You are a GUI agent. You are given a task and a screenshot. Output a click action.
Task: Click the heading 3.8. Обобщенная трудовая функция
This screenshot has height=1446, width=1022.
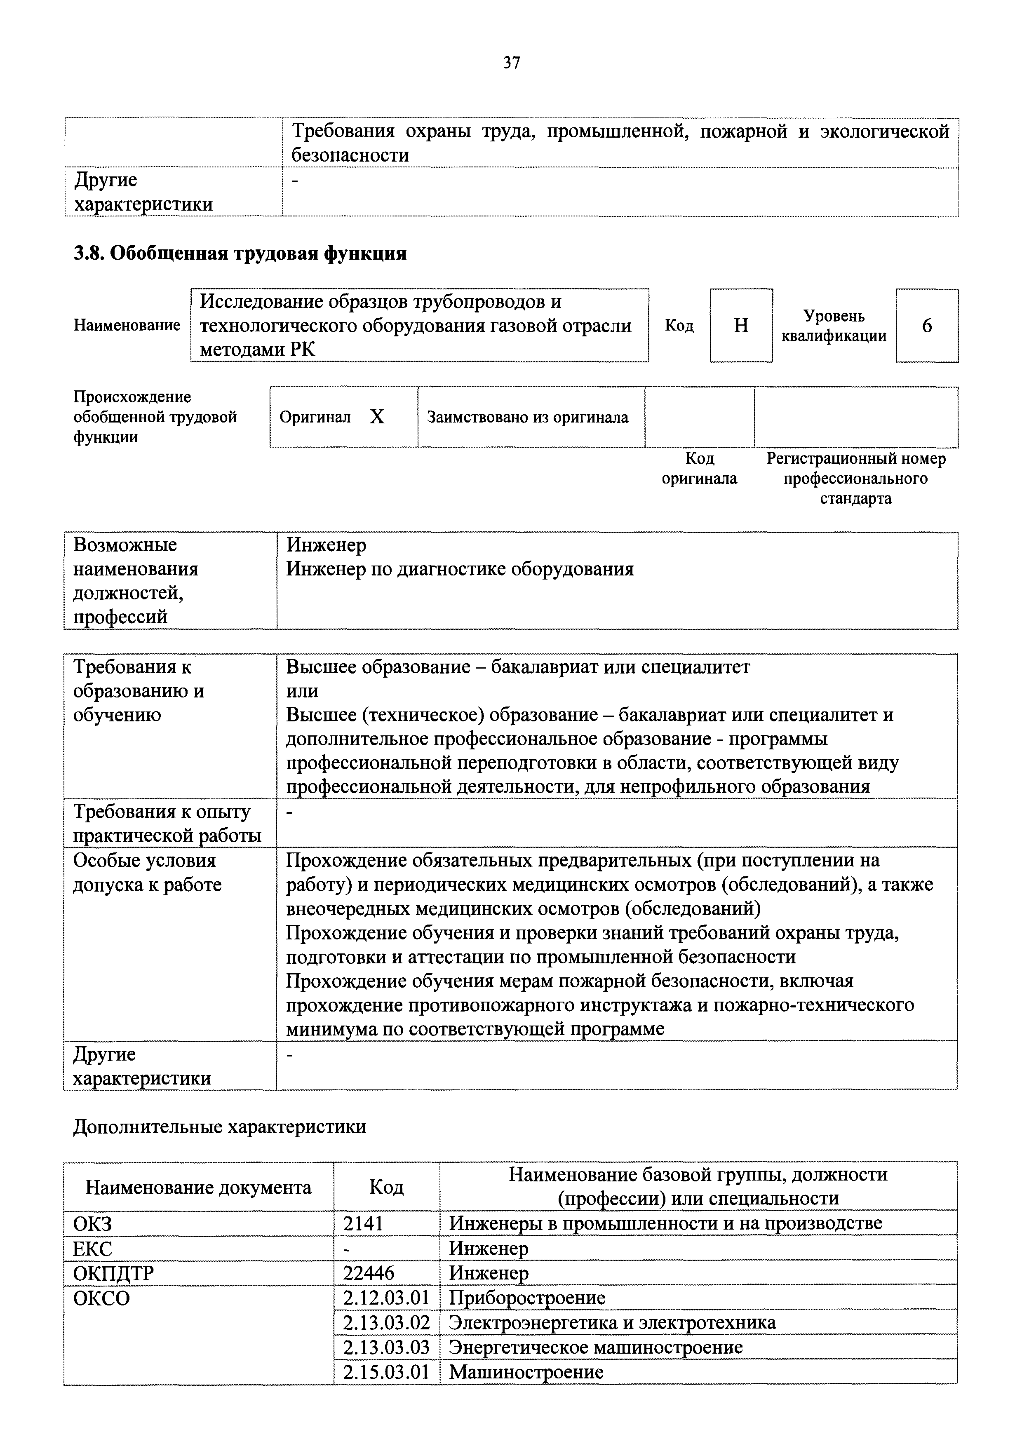(x=240, y=253)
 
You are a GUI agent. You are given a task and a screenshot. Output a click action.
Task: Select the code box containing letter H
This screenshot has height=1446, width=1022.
(x=741, y=326)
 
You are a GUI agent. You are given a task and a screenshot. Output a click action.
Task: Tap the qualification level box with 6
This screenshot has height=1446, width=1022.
(x=926, y=326)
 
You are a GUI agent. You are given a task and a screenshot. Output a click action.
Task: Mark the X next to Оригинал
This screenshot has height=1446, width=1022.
(x=376, y=417)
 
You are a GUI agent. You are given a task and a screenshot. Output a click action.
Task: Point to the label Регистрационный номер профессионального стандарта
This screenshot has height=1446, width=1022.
(x=856, y=478)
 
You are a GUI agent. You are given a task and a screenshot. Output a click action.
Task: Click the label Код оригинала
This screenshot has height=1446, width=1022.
(x=699, y=469)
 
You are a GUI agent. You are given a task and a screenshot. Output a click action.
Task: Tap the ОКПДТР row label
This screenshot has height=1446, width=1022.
(x=113, y=1273)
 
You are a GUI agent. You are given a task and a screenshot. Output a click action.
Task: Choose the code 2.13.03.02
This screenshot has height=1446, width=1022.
(x=386, y=1323)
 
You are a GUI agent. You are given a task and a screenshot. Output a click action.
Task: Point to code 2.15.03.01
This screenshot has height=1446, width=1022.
(x=386, y=1372)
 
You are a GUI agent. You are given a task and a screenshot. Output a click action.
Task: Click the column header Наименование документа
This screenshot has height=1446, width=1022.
(x=198, y=1187)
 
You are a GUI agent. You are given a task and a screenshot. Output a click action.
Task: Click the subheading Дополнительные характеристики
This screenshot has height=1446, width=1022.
(x=220, y=1126)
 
